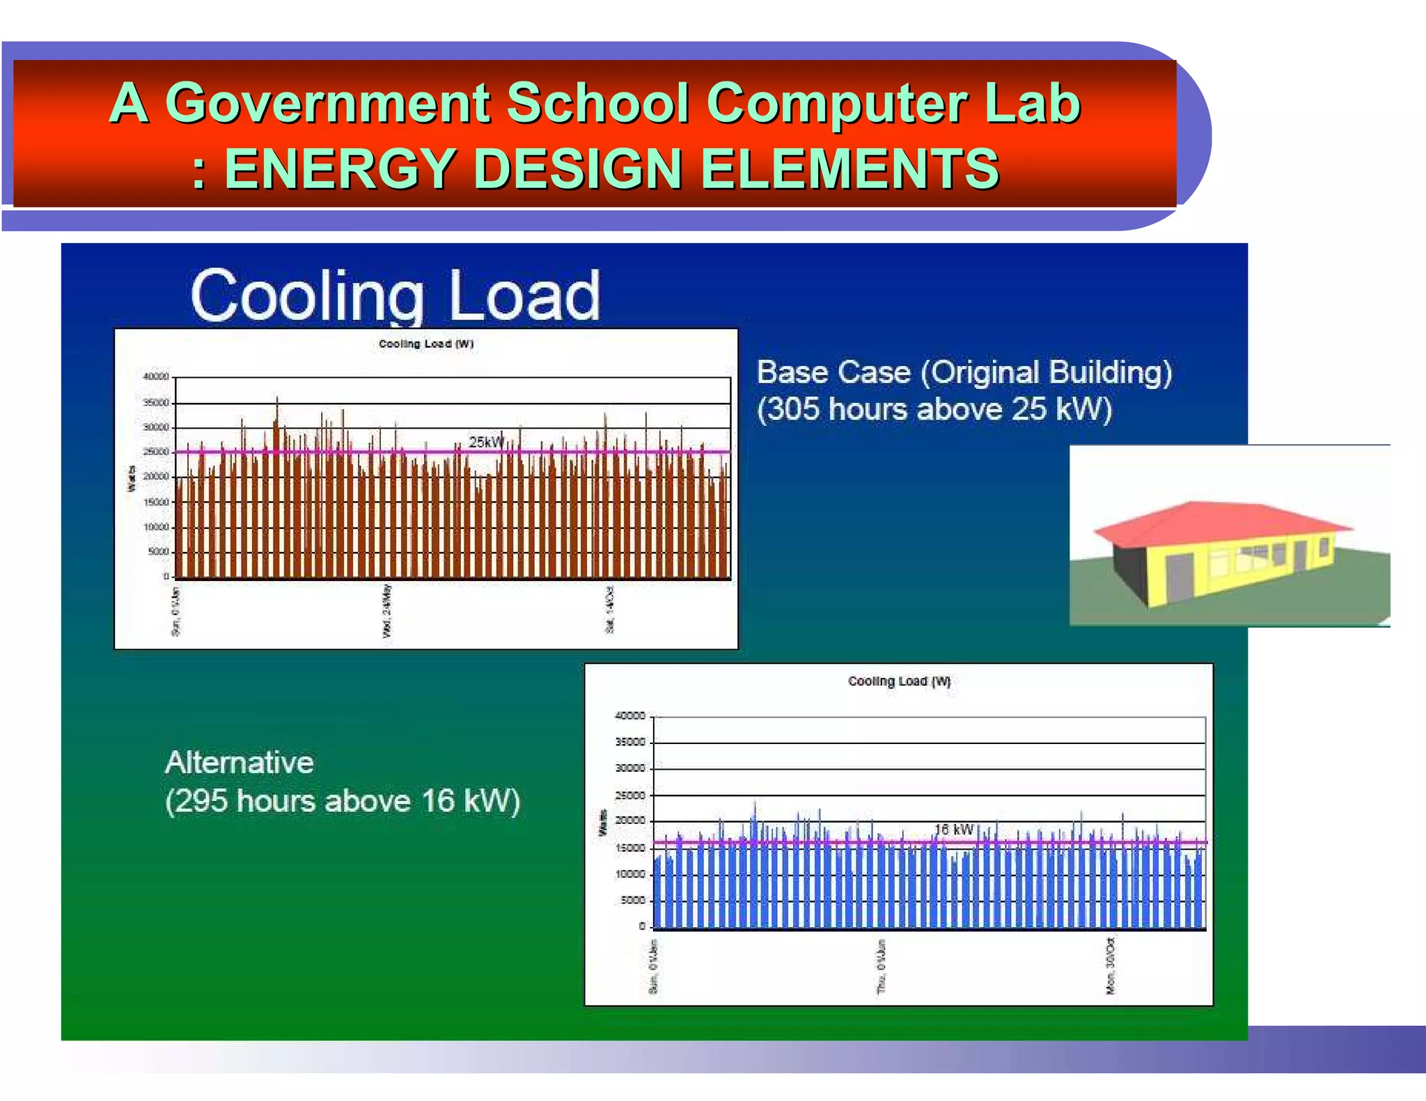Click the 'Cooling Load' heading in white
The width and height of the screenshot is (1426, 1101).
[395, 296]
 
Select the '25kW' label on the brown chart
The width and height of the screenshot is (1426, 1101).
[485, 442]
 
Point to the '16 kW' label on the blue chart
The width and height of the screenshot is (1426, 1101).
[954, 830]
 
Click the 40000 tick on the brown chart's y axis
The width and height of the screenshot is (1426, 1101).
[156, 377]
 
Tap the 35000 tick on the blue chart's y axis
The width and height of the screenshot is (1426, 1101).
[630, 742]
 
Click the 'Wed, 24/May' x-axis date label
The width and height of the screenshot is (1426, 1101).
[387, 610]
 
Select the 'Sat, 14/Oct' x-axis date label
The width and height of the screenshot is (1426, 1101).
[610, 610]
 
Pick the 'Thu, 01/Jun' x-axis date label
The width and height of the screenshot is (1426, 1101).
[882, 966]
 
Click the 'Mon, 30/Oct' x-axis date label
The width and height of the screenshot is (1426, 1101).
[1110, 966]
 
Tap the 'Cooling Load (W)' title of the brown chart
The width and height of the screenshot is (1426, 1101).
[426, 344]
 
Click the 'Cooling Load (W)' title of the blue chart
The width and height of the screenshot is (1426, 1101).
[899, 681]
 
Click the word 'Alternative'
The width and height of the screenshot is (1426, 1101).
[240, 763]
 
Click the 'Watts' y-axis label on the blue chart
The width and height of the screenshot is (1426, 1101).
[603, 823]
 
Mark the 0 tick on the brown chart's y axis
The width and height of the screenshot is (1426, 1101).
[166, 576]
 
